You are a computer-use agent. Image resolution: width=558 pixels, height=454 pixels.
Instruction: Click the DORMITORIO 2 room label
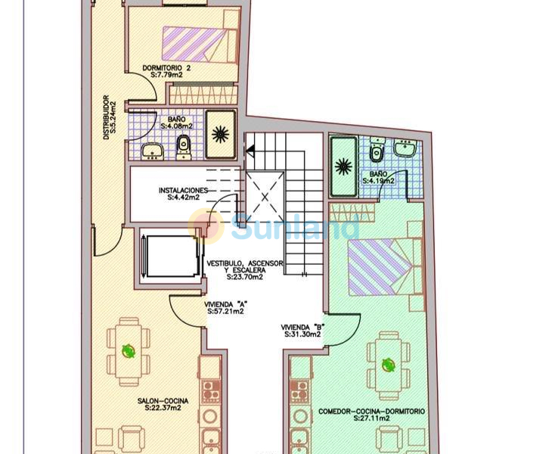tap(166, 68)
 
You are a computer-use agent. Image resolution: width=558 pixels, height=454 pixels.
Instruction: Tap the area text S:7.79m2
tap(166, 75)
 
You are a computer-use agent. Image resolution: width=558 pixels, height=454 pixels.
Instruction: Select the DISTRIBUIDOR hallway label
tap(105, 117)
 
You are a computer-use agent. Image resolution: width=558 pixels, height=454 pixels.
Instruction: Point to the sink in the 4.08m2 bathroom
tap(152, 151)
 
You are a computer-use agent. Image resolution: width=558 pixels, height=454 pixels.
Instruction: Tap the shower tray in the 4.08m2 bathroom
tap(221, 134)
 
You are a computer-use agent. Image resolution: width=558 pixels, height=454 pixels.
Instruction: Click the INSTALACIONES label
tap(183, 191)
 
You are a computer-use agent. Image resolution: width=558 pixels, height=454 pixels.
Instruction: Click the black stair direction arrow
tap(250, 151)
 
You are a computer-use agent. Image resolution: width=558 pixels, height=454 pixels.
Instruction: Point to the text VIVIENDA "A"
tap(225, 305)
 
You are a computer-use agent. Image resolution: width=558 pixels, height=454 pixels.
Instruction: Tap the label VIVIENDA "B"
tap(302, 328)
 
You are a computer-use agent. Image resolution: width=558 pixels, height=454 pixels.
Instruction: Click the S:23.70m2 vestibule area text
tap(245, 277)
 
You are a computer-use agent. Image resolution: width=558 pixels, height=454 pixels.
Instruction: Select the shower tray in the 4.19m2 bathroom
tap(344, 166)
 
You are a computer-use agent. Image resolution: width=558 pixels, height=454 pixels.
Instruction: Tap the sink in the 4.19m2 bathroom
tap(405, 148)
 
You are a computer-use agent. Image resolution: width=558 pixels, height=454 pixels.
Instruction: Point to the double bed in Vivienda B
tap(385, 267)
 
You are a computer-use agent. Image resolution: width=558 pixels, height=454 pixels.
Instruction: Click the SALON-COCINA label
tap(163, 401)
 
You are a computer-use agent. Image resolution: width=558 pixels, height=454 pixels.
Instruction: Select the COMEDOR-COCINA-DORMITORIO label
tap(371, 412)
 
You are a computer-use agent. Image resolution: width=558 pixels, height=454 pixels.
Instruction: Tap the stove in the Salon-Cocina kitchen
tap(210, 390)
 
